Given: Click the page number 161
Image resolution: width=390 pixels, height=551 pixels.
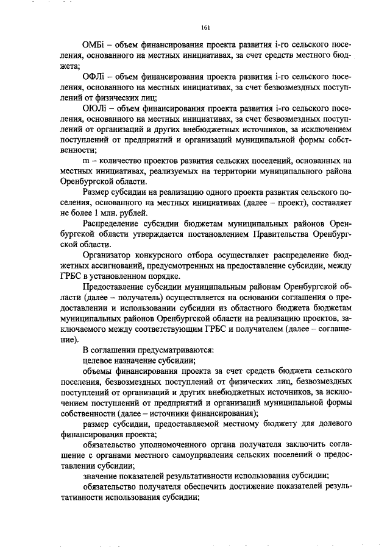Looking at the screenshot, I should point(205,27).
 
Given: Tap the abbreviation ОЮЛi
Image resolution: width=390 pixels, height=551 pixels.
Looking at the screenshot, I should point(95,107).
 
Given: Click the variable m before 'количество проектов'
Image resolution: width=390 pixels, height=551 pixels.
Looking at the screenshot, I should point(85,160).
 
